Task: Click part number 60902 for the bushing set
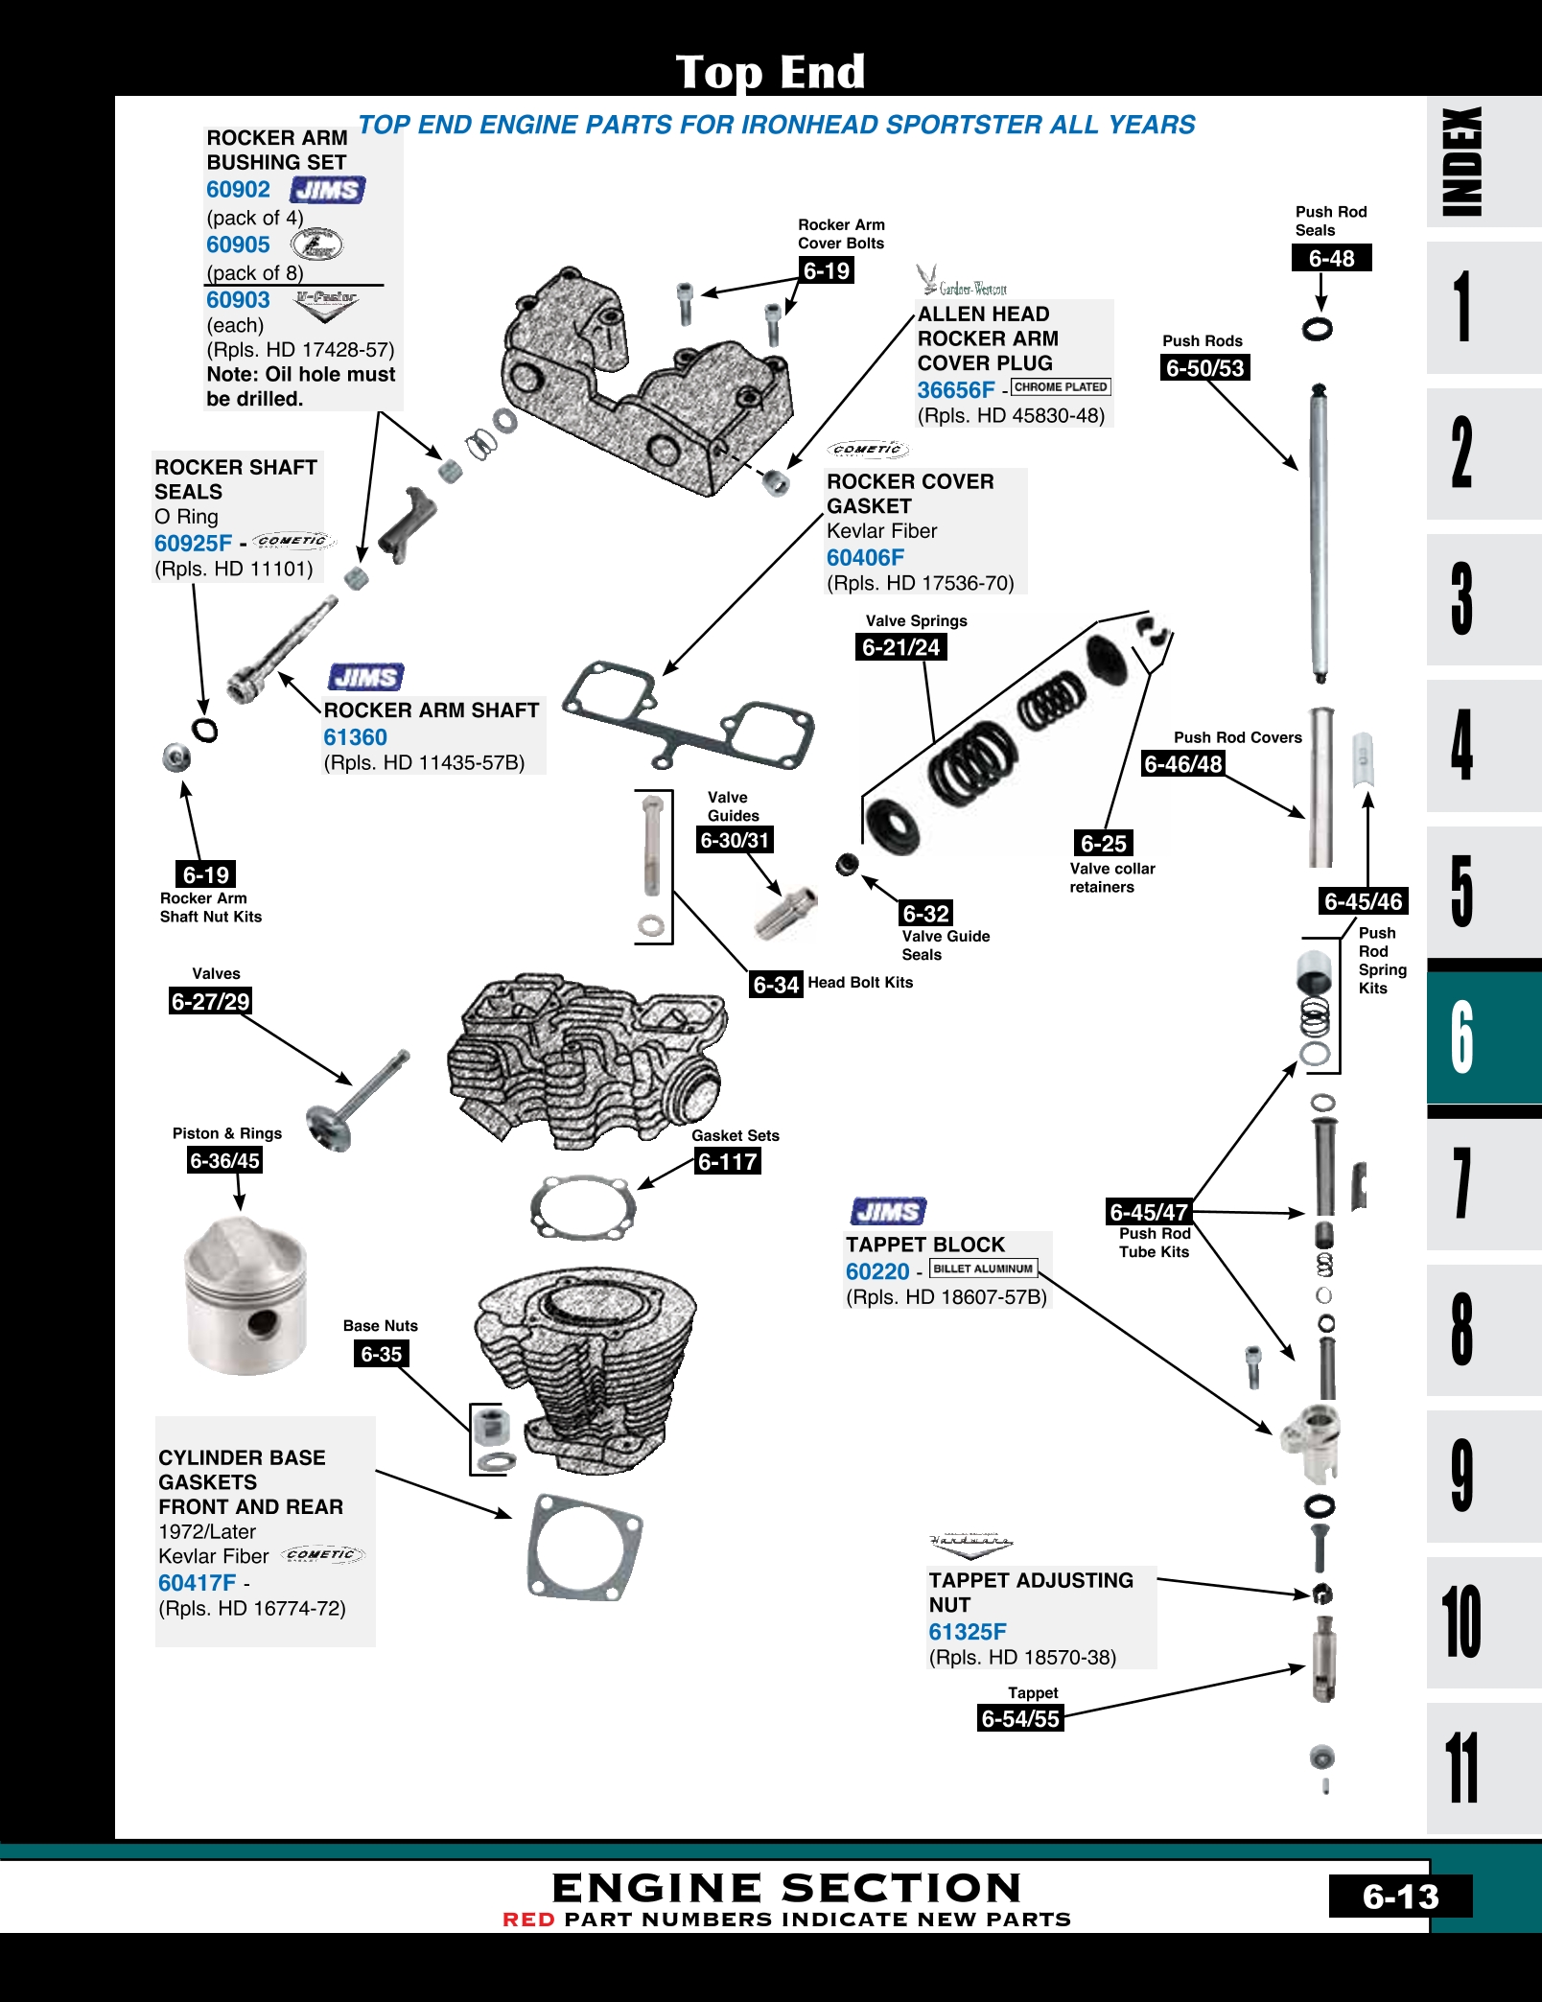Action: point(238,190)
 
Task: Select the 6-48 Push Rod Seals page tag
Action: point(1331,258)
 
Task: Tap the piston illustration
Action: point(245,1295)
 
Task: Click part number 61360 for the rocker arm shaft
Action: point(355,737)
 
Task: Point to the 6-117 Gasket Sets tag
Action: point(728,1162)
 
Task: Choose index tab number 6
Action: point(1462,1036)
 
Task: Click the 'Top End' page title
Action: point(770,72)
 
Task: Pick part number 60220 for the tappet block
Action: point(876,1271)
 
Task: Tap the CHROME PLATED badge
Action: point(1061,387)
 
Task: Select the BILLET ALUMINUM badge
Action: point(983,1269)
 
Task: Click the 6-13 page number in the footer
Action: point(1400,1897)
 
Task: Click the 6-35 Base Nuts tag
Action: point(381,1354)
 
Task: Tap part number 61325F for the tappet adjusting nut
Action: point(967,1631)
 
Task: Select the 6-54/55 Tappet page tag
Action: point(1020,1718)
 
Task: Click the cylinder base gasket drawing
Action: point(584,1545)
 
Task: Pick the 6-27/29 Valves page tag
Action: point(210,1002)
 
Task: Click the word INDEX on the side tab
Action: point(1463,161)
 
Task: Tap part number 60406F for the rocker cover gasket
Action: point(865,557)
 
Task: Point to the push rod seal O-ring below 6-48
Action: point(1318,329)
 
